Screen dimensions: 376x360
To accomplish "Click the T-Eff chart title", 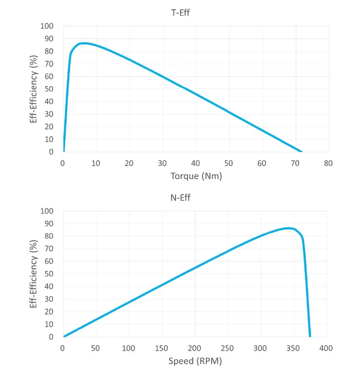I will click(x=180, y=13).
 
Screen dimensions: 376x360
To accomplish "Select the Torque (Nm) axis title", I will click(x=196, y=176).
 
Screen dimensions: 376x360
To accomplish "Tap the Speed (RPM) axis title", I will click(x=195, y=361).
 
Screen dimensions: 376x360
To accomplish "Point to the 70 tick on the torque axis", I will click(x=295, y=163).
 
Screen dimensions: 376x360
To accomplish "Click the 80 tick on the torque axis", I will click(x=328, y=163).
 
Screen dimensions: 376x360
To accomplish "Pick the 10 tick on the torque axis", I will click(x=96, y=163).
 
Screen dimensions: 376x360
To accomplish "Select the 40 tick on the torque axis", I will click(x=196, y=163).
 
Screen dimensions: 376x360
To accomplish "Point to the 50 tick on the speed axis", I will click(x=96, y=348).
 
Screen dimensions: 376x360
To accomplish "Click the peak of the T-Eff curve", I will click(x=84, y=43).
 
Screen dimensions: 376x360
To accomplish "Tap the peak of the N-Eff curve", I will click(x=288, y=228).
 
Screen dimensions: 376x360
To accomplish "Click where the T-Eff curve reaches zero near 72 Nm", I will click(x=302, y=152).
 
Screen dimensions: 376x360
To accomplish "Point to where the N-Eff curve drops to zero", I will click(x=310, y=336).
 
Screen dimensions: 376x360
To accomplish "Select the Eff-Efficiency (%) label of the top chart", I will click(x=34, y=89).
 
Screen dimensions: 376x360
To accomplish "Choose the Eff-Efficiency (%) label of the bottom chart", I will click(x=34, y=274).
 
